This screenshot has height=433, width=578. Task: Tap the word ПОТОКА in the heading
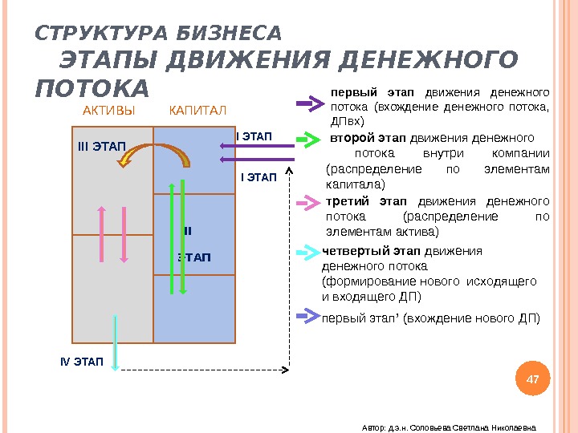pos(92,87)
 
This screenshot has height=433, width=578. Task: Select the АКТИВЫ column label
pos(109,110)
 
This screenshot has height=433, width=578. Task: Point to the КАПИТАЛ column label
pos(198,110)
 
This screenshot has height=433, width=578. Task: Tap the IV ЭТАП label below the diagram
pos(82,362)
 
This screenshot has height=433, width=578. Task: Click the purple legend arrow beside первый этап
pos(308,103)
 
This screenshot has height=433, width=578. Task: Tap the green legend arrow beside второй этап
pos(308,140)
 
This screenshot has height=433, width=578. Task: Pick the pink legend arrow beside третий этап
pos(308,203)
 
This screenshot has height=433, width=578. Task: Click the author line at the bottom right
pos(448,426)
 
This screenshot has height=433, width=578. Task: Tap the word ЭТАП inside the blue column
pos(193,257)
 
